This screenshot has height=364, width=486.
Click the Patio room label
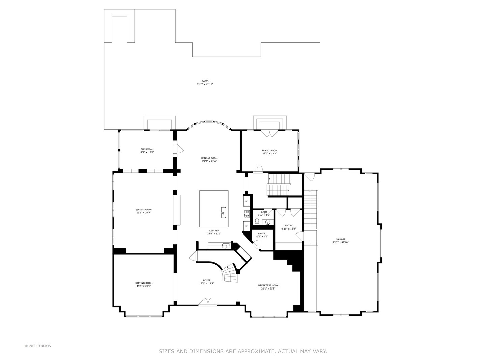[205, 81]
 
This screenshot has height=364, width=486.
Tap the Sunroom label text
[146, 149]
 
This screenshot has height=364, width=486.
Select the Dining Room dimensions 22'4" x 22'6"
[209, 161]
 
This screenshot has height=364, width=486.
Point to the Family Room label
[269, 150]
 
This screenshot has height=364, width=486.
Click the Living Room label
[143, 210]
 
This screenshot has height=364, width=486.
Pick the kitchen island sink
[223, 212]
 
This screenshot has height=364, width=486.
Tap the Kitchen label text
[214, 231]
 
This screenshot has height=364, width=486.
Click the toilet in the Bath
[257, 221]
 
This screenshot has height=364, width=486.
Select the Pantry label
[262, 233]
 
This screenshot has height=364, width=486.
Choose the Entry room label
[289, 226]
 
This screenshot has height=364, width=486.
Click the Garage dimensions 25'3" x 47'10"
[341, 242]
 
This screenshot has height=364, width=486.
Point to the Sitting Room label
[144, 283]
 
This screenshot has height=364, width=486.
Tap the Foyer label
[207, 280]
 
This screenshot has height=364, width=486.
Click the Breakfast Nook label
[268, 285]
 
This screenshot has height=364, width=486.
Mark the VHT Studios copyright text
[38, 346]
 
